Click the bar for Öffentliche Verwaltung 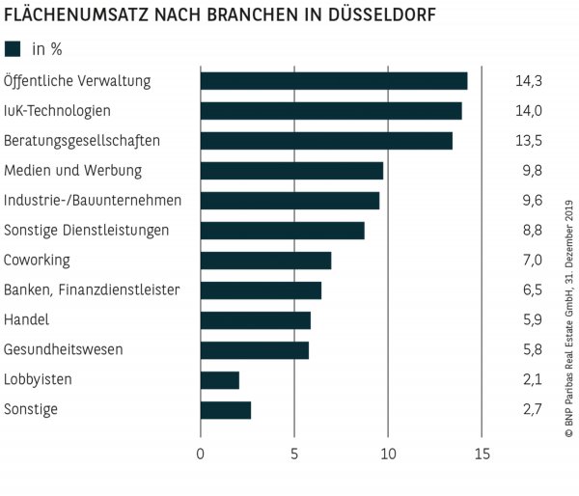coord(333,81)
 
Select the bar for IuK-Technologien coord(331,111)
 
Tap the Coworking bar coord(265,261)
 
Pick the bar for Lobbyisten coord(219,380)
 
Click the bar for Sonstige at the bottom coord(225,410)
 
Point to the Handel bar coord(255,320)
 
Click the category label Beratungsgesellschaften coord(82,141)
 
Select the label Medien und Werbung coord(73,171)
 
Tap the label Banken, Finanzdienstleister coord(93,290)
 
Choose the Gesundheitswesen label coord(64,350)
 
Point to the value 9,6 coord(529,201)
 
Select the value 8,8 coord(529,231)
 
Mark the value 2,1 coord(529,380)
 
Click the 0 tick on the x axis coord(201,454)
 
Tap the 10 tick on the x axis coord(388,454)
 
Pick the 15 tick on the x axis coord(482,454)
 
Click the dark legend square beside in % coord(13,49)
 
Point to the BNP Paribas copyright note coord(568,329)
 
